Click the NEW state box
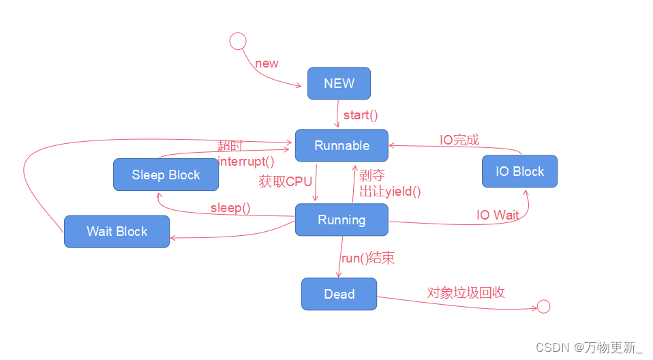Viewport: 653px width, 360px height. [x=339, y=83]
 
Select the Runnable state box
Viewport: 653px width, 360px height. [x=341, y=145]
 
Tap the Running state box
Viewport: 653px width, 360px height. [x=341, y=220]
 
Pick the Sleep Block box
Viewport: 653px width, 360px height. [x=166, y=175]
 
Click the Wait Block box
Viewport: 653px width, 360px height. [x=117, y=231]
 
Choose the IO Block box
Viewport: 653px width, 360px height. [x=519, y=171]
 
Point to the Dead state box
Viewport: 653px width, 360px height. [x=339, y=294]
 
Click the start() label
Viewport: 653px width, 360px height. [x=361, y=115]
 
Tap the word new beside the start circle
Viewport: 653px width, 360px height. [x=267, y=63]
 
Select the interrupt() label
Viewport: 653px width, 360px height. [x=246, y=161]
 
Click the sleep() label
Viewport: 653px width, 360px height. [x=230, y=207]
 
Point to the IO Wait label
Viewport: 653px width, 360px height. [x=498, y=215]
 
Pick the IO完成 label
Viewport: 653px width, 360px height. [x=459, y=140]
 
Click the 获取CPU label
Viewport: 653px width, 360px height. [x=285, y=181]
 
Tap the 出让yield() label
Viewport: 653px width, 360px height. [x=390, y=192]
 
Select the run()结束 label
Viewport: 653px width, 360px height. [x=368, y=258]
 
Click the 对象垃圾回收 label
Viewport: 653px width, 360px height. [x=466, y=292]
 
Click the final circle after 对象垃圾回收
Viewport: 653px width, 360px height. [x=543, y=307]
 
